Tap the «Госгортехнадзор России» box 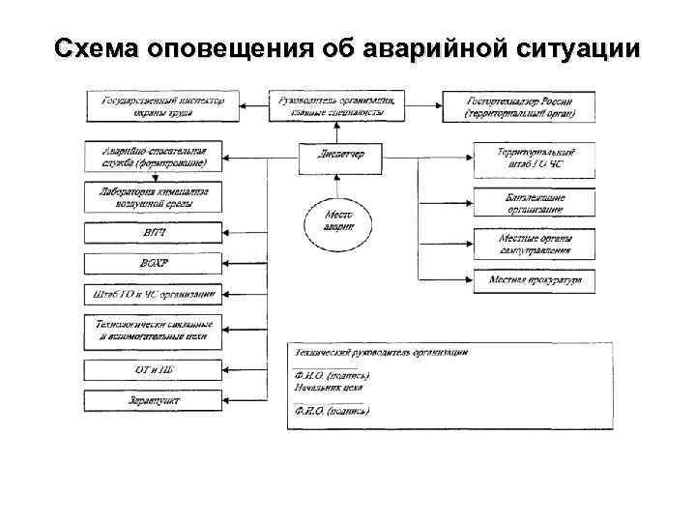pos(520,106)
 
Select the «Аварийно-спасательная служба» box pos(154,157)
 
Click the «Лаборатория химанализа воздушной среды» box pos(154,196)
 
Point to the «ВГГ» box pos(154,233)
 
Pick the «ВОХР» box pos(154,263)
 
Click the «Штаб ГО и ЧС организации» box pos(154,293)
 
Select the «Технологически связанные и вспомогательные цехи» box pos(154,331)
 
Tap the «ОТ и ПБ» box pos(154,369)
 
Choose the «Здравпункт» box pos(154,399)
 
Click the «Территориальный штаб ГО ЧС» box pos(535,159)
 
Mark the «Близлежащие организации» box pos(535,203)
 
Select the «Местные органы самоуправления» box pos(535,244)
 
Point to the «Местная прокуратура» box pos(535,281)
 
